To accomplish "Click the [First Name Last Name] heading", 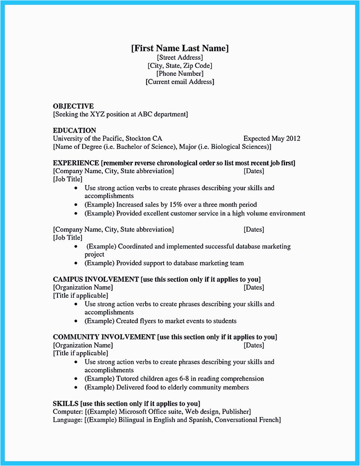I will pos(180,48).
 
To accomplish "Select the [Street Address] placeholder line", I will pos(180,57).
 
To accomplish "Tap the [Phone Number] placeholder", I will pos(180,73).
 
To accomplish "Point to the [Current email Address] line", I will pos(180,82).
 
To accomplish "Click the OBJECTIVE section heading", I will pos(73,106).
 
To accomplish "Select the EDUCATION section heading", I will pos(75,130).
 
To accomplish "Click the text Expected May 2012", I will pos(271,139).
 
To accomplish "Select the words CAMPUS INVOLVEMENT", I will pos(96,279).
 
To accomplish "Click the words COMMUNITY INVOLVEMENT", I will pos(104,337).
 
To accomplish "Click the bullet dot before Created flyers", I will pos(76,322).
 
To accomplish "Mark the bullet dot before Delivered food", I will pos(76,388).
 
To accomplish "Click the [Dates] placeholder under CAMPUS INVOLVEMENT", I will pos(254,287).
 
